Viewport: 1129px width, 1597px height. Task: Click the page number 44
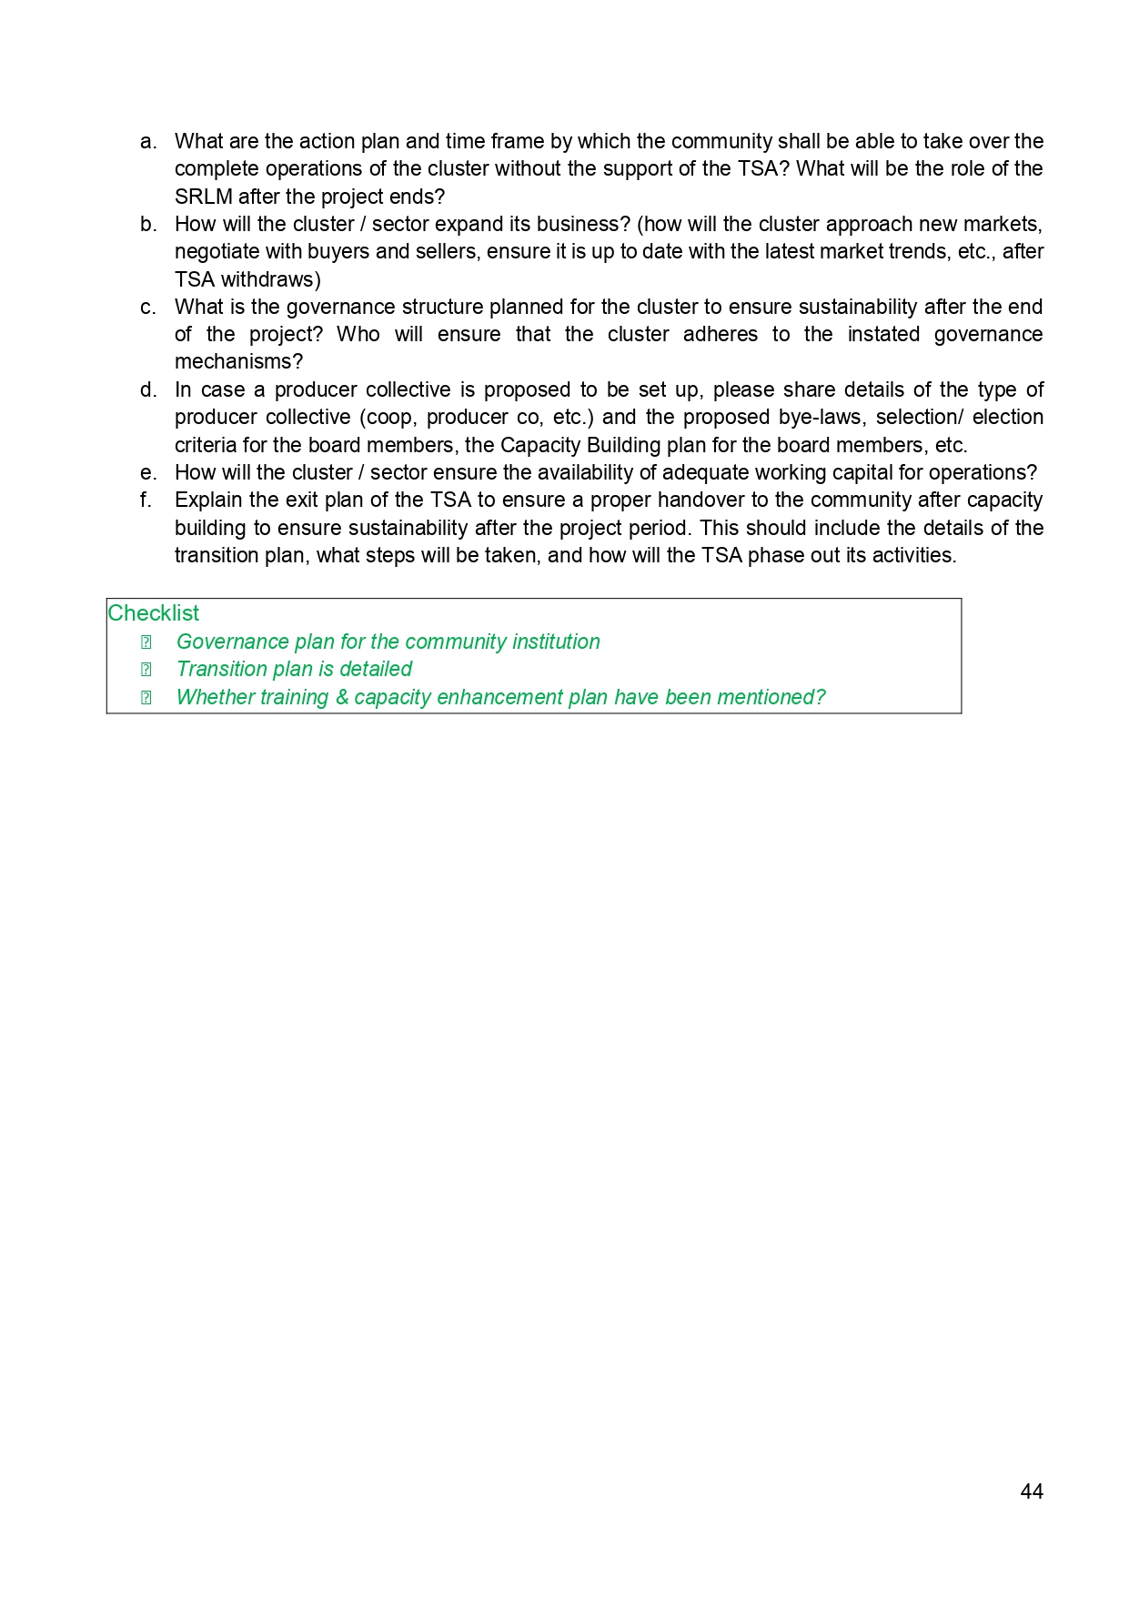[x=1032, y=1491]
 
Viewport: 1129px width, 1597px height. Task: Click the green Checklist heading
[x=154, y=613]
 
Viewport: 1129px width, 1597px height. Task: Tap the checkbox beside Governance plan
[x=146, y=642]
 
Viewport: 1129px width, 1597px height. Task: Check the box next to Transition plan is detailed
[x=146, y=670]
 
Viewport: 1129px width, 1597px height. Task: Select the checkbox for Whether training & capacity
[x=146, y=698]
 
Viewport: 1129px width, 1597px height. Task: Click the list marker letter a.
[x=147, y=142]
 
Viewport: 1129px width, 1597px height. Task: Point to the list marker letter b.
[x=147, y=225]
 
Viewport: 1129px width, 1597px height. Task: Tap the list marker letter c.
[x=147, y=308]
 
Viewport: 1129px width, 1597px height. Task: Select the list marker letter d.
[x=147, y=390]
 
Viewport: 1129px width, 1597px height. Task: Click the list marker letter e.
[x=147, y=473]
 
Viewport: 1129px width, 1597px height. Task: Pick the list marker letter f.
[x=146, y=500]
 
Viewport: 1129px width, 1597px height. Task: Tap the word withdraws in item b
[x=271, y=279]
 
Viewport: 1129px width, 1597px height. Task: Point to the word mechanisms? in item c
[x=238, y=362]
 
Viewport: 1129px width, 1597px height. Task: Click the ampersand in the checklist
[x=342, y=698]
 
